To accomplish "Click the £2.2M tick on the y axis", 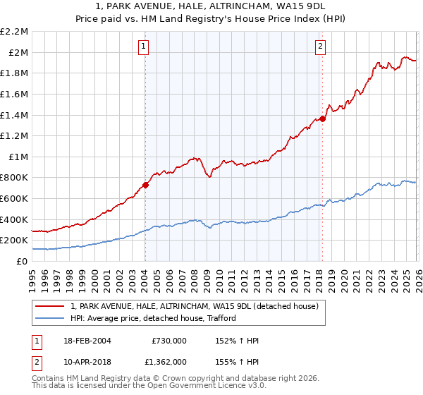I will coord(14,32).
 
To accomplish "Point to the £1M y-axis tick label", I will coord(17,157).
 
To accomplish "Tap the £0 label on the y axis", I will coord(21,261).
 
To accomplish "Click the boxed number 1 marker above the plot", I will coord(144,47).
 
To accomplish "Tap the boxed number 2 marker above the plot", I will coord(320,47).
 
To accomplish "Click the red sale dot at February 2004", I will coord(145,185).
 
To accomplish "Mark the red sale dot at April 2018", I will coord(321,119).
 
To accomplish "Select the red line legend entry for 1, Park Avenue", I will coord(195,306).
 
